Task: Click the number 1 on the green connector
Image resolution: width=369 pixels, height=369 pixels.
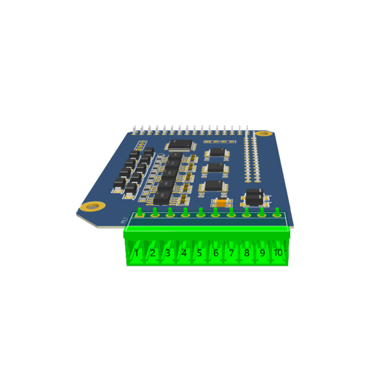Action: (x=136, y=253)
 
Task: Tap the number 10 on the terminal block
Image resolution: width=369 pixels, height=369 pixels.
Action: (x=278, y=253)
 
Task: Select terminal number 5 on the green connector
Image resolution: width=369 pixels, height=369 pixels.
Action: (x=199, y=253)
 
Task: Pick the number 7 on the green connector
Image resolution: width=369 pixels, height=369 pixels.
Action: (x=231, y=253)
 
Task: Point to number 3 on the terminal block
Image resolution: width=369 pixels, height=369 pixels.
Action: (x=168, y=253)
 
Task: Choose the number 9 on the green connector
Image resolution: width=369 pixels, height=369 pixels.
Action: (x=262, y=253)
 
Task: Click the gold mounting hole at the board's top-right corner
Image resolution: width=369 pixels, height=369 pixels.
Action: (x=263, y=134)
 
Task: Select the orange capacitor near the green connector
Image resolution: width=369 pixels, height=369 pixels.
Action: (x=221, y=203)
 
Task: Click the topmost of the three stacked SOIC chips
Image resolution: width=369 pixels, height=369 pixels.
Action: (x=217, y=152)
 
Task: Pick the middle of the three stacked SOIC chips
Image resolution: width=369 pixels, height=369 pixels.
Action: (x=216, y=168)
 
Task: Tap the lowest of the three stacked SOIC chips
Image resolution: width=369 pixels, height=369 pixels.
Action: (x=214, y=186)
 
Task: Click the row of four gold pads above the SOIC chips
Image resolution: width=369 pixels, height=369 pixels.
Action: (x=219, y=141)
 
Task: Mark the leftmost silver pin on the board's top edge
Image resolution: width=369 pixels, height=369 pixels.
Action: (x=134, y=128)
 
